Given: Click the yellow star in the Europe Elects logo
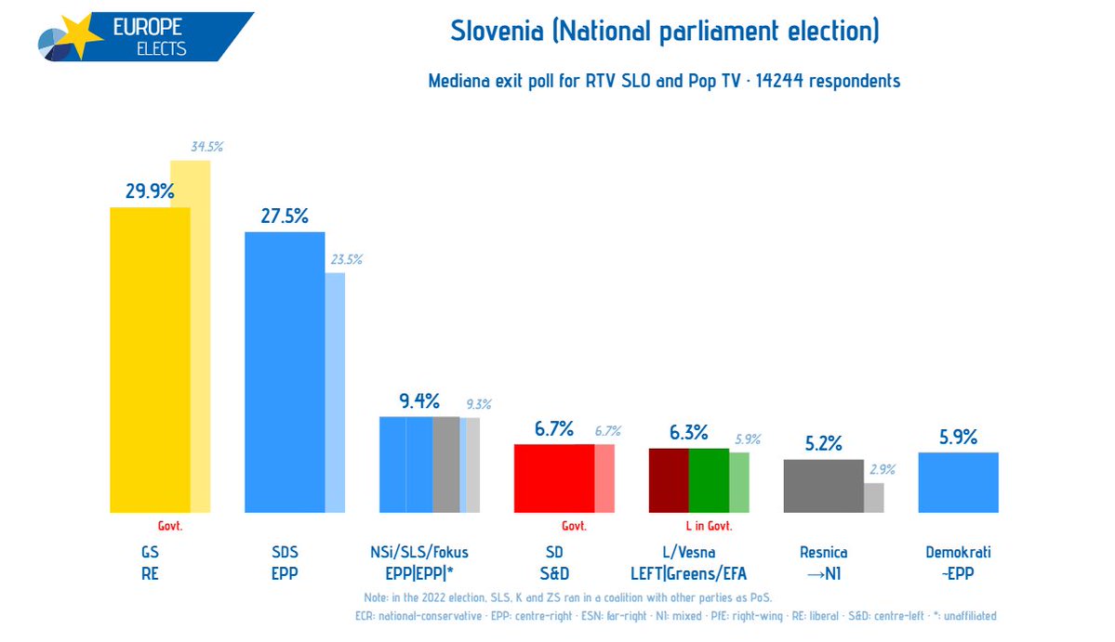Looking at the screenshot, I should pos(81,37).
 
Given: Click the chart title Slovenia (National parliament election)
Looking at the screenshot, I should pos(664,32).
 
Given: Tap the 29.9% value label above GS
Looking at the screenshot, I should pos(151,191).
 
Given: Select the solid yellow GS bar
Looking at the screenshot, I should pos(150,362).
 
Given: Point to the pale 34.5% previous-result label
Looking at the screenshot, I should pos(206,147).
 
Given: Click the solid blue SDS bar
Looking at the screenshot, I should pos(284,372).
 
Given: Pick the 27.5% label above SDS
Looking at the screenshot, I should pos(285,215).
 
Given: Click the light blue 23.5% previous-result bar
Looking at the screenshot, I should pos(335,390).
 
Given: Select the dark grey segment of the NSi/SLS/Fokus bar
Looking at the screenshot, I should pos(445,465).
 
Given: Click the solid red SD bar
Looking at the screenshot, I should pos(553,478).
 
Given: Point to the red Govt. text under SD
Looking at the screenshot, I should pos(574,526).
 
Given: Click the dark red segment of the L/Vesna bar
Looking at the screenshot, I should pos(668,480).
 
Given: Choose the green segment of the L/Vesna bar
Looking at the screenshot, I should pos(708,480).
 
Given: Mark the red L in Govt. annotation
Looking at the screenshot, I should pos(709,526).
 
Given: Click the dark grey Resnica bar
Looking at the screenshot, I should pos(822,486).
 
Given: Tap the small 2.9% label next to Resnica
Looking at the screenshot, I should pos(882,470).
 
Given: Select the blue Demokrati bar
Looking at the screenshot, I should pos(957,482).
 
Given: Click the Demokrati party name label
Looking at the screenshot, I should pos(957,553).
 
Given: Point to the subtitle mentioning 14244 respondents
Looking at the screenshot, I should pos(664,81).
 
